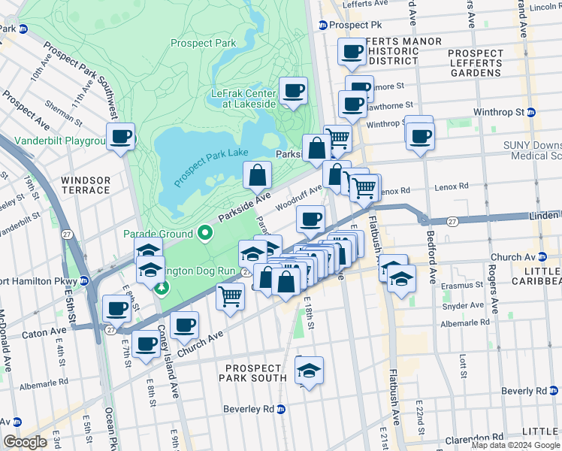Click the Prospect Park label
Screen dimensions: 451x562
(x=203, y=44)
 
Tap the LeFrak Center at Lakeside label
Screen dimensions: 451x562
(x=243, y=98)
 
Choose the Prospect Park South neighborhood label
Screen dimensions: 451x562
(x=256, y=373)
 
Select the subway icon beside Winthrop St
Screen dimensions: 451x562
(x=530, y=113)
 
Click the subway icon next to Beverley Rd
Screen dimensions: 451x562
(x=281, y=409)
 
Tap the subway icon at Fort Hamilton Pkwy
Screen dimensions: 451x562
(x=85, y=280)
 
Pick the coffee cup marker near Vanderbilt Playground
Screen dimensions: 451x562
(x=120, y=136)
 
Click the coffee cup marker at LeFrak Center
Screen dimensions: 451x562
(x=293, y=91)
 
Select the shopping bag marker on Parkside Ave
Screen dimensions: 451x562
(x=258, y=176)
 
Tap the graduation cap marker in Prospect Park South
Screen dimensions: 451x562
(x=308, y=369)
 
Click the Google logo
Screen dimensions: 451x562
(x=26, y=442)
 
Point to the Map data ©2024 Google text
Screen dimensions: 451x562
(x=515, y=445)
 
